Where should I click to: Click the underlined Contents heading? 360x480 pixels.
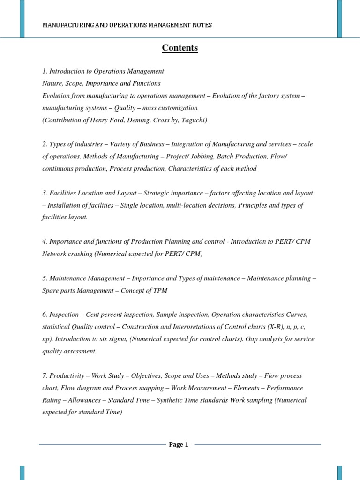click(180, 48)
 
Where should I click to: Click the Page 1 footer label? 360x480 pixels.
click(179, 445)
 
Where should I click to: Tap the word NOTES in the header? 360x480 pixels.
click(202, 25)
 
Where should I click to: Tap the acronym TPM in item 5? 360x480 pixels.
click(159, 291)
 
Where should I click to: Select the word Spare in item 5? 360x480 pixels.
click(50, 291)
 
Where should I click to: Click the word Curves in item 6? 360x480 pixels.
click(297, 315)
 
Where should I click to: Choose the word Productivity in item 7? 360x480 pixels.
click(67, 376)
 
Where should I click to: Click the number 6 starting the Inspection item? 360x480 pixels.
click(44, 315)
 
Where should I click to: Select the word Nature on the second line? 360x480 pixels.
click(52, 83)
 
